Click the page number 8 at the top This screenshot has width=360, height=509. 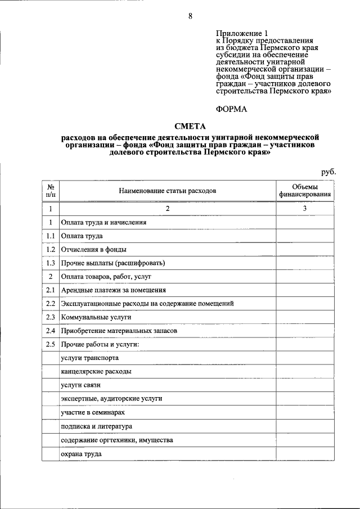(x=190, y=16)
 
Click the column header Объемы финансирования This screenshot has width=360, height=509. (x=305, y=191)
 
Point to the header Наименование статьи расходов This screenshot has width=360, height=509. (x=167, y=191)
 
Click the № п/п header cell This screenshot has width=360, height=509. (x=51, y=191)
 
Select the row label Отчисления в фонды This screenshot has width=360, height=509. (x=94, y=249)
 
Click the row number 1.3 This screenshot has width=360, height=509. (x=51, y=263)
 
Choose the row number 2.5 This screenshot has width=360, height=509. (x=51, y=344)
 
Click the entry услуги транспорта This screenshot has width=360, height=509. (x=90, y=358)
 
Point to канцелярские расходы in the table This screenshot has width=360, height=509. (x=97, y=372)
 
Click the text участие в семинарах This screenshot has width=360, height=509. (x=93, y=412)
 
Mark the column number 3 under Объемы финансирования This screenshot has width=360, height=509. (x=305, y=209)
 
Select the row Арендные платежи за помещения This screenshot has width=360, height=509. (x=114, y=290)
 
